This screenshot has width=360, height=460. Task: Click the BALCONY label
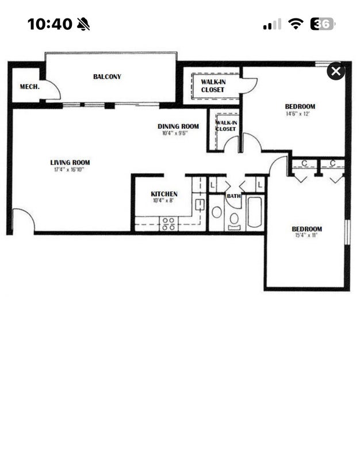tap(107, 76)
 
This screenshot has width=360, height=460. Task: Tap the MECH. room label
tap(30, 87)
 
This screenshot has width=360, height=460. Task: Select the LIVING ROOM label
tap(70, 163)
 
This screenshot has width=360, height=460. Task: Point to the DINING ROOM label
tap(178, 126)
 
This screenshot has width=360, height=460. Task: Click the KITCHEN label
tap(164, 194)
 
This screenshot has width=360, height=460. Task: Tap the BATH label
tap(234, 196)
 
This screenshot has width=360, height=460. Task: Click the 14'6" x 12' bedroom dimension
tap(298, 114)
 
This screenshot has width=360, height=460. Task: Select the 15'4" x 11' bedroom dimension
tap(306, 235)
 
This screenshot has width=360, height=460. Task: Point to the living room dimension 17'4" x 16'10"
tap(69, 170)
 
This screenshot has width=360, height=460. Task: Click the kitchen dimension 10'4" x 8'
tap(163, 201)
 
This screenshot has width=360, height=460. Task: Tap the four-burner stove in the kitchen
tap(168, 224)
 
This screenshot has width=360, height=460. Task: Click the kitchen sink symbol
tap(200, 205)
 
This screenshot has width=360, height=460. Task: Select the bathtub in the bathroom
tap(255, 212)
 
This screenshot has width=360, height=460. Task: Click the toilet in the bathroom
tap(234, 221)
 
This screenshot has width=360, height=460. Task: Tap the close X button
tap(336, 71)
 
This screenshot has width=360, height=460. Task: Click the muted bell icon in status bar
tap(83, 24)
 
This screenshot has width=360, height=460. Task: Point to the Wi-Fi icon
tap(296, 24)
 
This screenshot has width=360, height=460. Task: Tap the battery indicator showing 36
tap(323, 24)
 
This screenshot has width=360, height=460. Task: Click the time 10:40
tap(50, 24)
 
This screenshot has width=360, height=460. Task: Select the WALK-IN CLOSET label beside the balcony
tap(213, 86)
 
